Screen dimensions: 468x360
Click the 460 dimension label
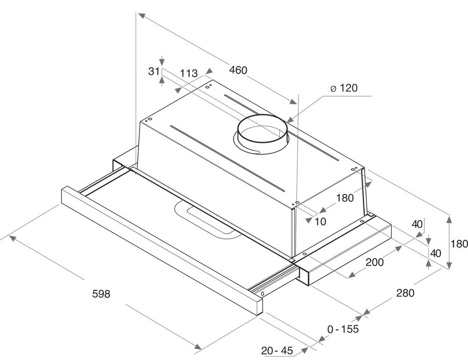[x=238, y=71]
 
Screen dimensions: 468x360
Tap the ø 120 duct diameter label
[x=344, y=88]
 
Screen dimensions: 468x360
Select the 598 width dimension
[x=101, y=294]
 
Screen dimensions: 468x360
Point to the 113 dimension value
[x=189, y=73]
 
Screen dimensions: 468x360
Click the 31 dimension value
[x=154, y=71]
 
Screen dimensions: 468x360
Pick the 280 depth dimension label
[x=405, y=293]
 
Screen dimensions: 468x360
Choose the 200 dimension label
[x=374, y=262]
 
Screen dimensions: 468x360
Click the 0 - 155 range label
[x=343, y=329]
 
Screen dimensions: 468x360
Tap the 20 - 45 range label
[x=277, y=351]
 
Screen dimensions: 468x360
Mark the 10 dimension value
[x=320, y=222]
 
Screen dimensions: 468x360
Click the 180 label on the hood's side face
[x=345, y=198]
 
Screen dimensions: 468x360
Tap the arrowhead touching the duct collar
[x=290, y=120]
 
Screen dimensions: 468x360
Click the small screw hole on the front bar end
[x=263, y=294]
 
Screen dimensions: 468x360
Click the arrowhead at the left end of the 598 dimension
[x=13, y=238]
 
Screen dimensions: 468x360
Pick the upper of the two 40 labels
[x=417, y=224]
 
